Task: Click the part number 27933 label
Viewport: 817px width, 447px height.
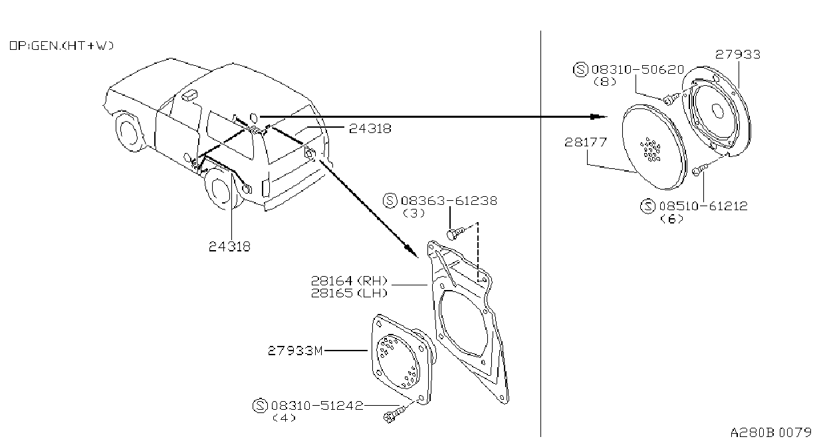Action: (737, 55)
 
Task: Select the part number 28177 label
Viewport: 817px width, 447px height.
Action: (586, 142)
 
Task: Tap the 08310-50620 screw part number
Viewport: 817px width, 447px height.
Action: (638, 69)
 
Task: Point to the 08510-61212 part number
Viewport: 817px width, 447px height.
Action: (703, 206)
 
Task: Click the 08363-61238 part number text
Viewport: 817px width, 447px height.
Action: (449, 201)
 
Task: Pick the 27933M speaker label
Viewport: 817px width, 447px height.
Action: (295, 351)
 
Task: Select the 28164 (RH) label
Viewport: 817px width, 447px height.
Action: (349, 281)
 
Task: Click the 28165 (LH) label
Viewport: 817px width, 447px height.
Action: (349, 293)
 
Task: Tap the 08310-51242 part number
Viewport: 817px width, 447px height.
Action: (317, 405)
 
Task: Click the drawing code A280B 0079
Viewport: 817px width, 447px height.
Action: (771, 432)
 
